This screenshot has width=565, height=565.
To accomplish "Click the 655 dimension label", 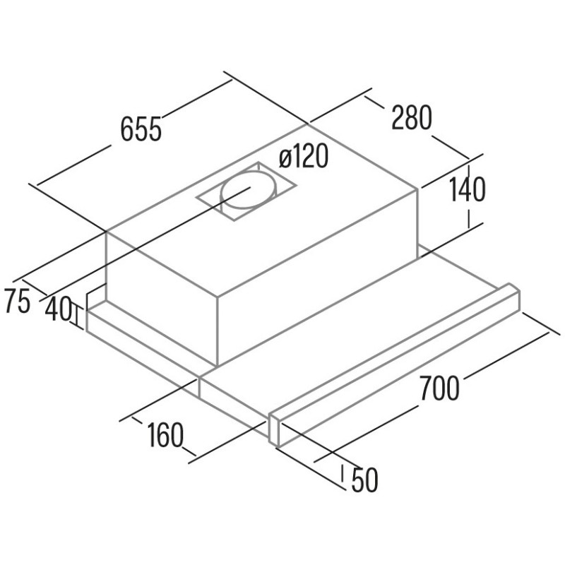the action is click(x=141, y=129).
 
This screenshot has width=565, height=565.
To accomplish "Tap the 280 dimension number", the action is click(x=412, y=117).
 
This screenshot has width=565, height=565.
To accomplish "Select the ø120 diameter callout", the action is click(x=304, y=156).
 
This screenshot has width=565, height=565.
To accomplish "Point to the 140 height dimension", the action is click(x=468, y=190).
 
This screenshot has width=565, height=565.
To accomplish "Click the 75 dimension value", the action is click(x=16, y=301).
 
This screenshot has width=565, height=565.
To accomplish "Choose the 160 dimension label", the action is click(x=165, y=435).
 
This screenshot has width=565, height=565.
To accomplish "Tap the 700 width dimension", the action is click(x=439, y=388).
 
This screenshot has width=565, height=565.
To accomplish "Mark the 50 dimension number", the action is click(x=364, y=480).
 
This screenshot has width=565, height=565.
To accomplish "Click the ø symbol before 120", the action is click(x=285, y=157).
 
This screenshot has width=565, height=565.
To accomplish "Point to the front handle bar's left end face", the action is click(x=275, y=431).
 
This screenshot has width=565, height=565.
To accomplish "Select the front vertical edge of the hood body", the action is click(x=218, y=331).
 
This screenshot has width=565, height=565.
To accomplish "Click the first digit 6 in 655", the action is click(x=127, y=129).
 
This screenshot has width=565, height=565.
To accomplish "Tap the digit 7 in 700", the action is click(x=427, y=388).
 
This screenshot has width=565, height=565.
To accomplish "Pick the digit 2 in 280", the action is click(x=398, y=117).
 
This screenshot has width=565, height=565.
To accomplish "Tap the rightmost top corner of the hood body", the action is click(x=418, y=189).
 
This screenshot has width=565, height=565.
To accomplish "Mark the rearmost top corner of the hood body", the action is click(x=307, y=124).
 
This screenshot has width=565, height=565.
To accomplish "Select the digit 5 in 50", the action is click(x=357, y=480).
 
